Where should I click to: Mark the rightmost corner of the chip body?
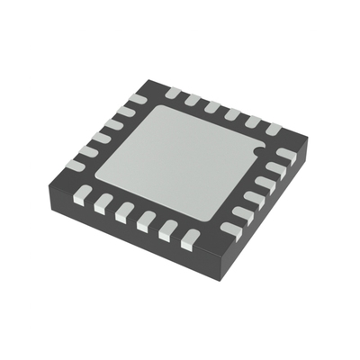[309, 141]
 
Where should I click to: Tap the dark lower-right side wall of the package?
[261, 211]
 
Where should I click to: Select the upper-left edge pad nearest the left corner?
[76, 162]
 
